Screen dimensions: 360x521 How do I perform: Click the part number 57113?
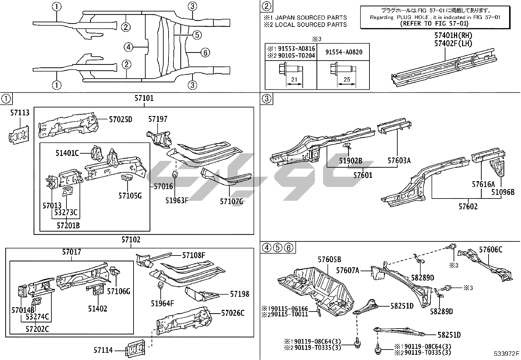[x=20, y=113]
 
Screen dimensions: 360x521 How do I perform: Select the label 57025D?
[x=120, y=119]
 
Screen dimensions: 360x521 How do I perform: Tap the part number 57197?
[x=158, y=119]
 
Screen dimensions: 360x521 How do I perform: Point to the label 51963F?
[x=177, y=200]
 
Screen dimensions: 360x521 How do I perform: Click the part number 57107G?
[x=231, y=201]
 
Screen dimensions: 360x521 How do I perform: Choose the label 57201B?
[x=68, y=225]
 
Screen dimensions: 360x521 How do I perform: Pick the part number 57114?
[x=103, y=350]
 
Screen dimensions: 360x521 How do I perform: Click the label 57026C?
[x=233, y=313]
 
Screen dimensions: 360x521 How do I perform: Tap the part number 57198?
[x=240, y=294]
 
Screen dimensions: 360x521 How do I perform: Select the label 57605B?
[x=330, y=260]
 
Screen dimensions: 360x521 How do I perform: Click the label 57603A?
[x=399, y=160]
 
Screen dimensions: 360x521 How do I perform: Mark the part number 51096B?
[x=503, y=192]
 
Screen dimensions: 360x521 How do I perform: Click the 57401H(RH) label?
[x=453, y=36]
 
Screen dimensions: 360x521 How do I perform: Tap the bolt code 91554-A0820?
[x=344, y=52]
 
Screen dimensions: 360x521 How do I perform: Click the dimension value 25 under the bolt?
[x=347, y=79]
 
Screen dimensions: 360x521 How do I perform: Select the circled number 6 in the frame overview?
[x=205, y=52]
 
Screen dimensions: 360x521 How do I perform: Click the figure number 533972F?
[x=507, y=353]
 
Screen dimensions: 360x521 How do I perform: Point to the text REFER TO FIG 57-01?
[x=434, y=23]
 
